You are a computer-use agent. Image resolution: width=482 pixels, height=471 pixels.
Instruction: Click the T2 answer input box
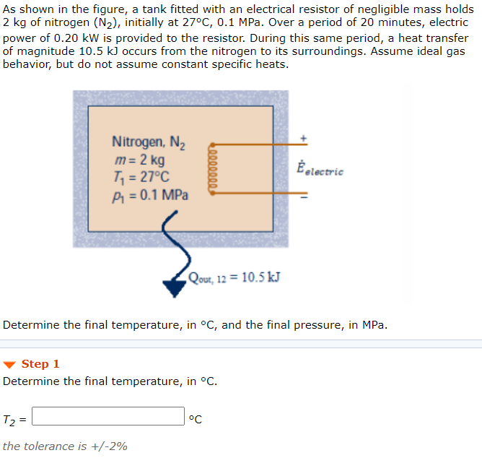pyautogui.click(x=108, y=417)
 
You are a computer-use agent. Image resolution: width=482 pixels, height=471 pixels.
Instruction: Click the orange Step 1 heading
pyautogui.click(x=40, y=364)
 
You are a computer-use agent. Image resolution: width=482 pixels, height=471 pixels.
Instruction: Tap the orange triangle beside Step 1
pyautogui.click(x=10, y=364)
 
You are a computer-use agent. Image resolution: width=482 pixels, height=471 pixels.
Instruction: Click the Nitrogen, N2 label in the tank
pyautogui.click(x=149, y=143)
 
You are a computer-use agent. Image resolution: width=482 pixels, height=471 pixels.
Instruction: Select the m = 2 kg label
pyautogui.click(x=140, y=160)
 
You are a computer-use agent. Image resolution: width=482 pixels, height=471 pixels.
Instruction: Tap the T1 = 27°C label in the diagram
pyautogui.click(x=141, y=177)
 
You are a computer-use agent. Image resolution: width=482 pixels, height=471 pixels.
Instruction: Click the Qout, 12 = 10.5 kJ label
pyautogui.click(x=235, y=277)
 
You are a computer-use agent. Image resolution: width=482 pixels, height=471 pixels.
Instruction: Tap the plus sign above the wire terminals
pyautogui.click(x=304, y=137)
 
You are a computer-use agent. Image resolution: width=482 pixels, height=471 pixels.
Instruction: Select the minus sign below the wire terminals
pyautogui.click(x=304, y=196)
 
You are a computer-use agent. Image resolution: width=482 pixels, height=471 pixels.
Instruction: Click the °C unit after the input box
pyautogui.click(x=195, y=418)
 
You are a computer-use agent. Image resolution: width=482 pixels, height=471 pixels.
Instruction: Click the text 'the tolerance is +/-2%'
pyautogui.click(x=65, y=446)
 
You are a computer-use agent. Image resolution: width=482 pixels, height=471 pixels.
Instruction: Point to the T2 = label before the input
pyautogui.click(x=14, y=418)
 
